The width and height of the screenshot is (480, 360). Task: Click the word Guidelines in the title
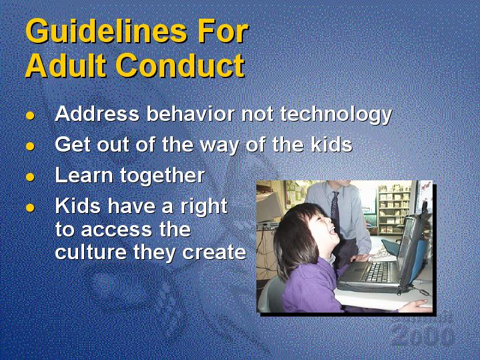point(106,31)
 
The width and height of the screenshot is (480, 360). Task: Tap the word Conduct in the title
point(180,65)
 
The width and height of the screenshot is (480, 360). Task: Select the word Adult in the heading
point(65,65)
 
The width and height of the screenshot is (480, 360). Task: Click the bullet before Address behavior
point(30,116)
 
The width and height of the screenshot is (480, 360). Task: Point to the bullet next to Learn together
point(30,177)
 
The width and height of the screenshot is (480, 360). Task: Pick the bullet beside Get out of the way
point(30,146)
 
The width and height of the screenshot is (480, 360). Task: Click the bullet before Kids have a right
point(30,208)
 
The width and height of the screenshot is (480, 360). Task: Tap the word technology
point(336,115)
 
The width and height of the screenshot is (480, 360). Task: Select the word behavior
point(190,114)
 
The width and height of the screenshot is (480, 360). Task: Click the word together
point(162,176)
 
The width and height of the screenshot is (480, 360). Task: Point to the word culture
point(91,252)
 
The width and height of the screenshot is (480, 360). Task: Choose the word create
point(214,252)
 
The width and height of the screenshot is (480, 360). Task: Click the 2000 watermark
point(423,336)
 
